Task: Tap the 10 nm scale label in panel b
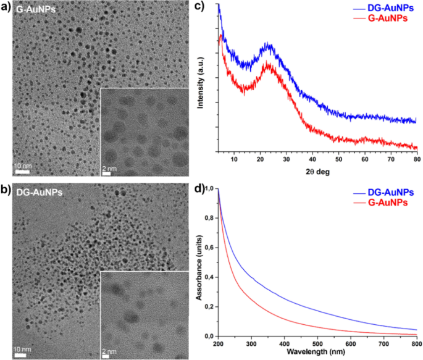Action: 22,349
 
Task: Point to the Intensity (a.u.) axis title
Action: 202,80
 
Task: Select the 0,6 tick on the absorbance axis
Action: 211,248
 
